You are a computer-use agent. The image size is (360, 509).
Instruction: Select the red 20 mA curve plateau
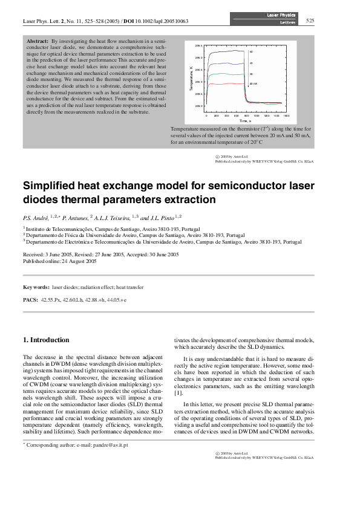(227, 84)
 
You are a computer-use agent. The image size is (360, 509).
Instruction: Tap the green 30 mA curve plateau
(227, 74)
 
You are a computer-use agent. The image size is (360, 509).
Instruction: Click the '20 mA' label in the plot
(254, 84)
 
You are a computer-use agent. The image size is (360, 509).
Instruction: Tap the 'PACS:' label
(30, 299)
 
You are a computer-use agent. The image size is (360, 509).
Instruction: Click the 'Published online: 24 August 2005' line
(61, 261)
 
